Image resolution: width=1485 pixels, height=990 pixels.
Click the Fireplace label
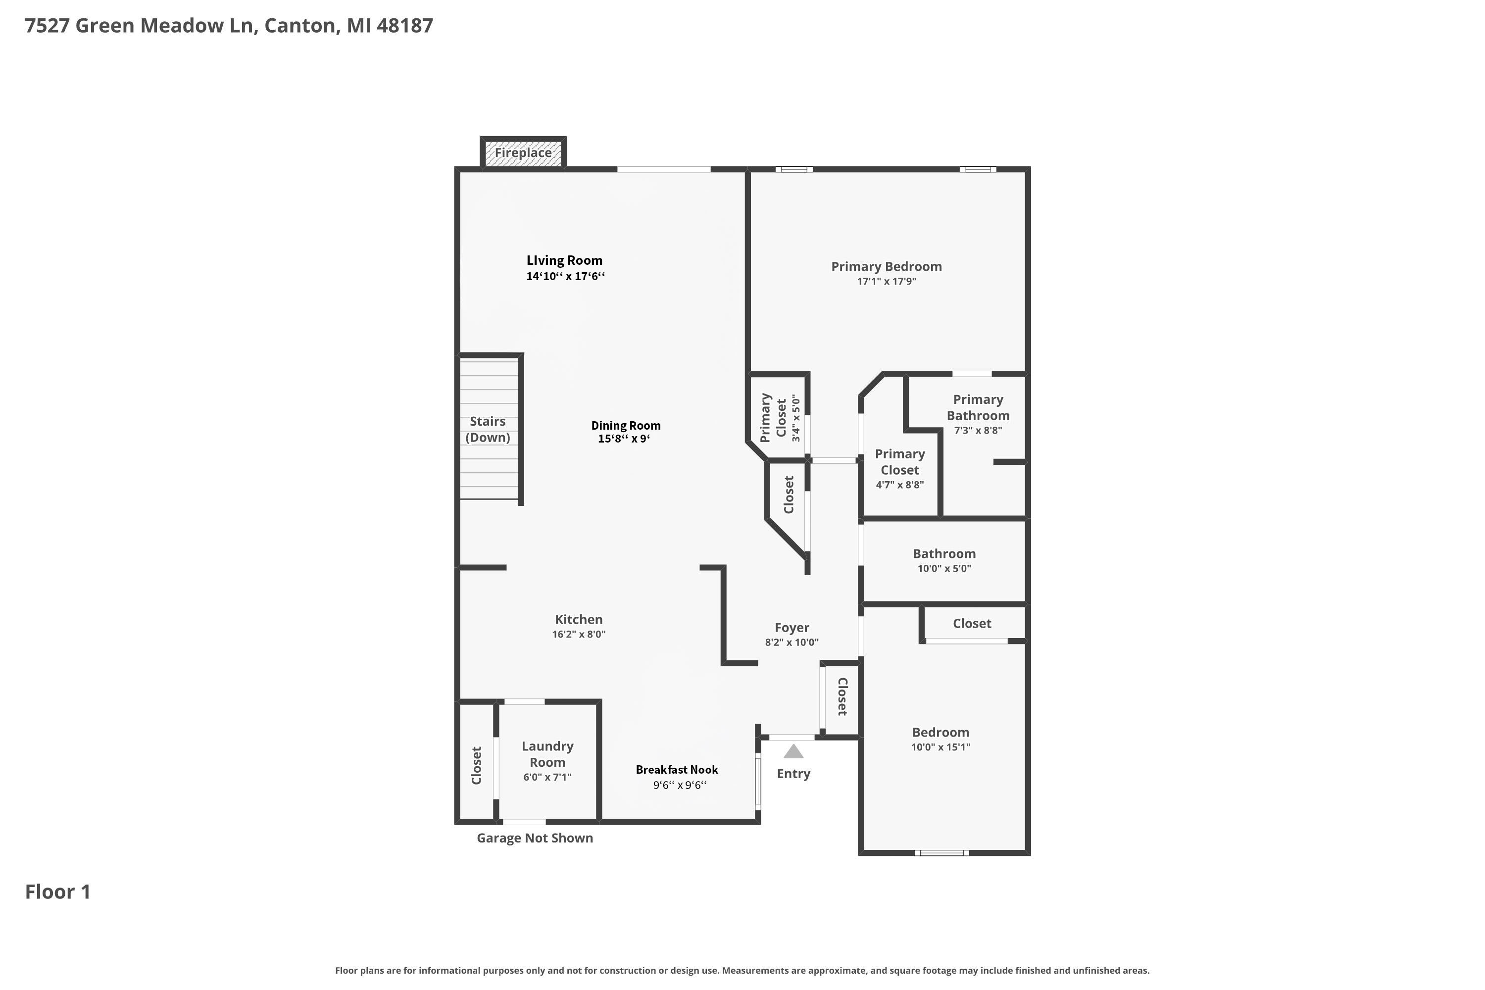(523, 153)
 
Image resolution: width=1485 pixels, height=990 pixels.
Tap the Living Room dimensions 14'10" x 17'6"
(566, 276)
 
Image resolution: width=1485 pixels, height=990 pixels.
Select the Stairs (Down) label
(488, 429)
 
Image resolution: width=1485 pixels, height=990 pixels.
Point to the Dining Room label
(626, 426)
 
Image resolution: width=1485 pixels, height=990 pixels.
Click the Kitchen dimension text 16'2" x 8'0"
(579, 634)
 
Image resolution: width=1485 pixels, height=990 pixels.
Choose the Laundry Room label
(547, 754)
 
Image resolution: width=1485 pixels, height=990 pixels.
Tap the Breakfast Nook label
(677, 770)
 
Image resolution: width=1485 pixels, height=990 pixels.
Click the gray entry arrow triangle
(793, 751)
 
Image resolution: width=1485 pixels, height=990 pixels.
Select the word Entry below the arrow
(793, 774)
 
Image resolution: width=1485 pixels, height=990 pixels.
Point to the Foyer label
(792, 628)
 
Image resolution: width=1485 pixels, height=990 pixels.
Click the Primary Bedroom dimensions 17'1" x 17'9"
(887, 282)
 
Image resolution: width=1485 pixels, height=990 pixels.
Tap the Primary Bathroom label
(978, 407)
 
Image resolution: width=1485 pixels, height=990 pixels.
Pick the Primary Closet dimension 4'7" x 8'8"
(900, 485)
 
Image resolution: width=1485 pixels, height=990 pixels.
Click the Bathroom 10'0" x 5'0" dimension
(944, 568)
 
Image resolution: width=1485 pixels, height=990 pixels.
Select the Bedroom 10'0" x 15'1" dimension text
(941, 747)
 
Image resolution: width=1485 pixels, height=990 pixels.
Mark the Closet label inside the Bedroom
(972, 624)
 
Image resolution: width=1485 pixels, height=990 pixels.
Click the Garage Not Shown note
(535, 838)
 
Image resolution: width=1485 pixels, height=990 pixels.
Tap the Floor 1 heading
(58, 891)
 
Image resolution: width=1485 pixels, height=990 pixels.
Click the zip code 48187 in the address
(405, 25)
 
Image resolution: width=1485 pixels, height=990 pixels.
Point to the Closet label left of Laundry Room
(477, 765)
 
